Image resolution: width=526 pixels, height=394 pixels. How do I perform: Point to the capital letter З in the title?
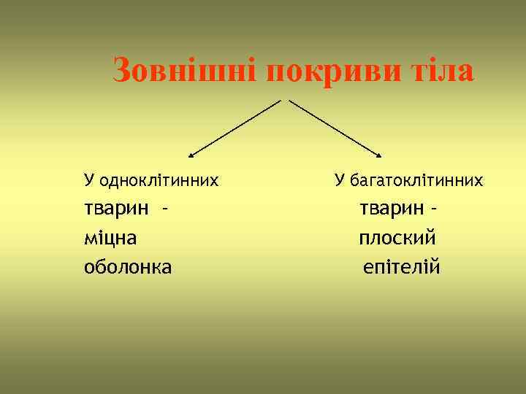point(123,72)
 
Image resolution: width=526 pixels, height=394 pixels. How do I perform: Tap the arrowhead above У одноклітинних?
point(191,155)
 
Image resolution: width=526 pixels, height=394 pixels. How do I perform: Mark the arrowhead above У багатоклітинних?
point(380,155)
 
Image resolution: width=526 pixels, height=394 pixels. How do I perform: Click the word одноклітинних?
point(159,179)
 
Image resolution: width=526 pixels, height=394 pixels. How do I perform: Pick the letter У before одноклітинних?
point(89,179)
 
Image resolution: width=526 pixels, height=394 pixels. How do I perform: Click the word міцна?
point(110,238)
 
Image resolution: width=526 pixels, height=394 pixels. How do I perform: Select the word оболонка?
point(128,267)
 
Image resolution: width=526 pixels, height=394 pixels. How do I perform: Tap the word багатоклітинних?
point(416,179)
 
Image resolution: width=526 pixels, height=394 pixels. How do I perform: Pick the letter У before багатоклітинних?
point(339,179)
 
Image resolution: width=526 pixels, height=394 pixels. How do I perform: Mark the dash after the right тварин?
point(435,209)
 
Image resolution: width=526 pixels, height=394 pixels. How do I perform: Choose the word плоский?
point(397,238)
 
